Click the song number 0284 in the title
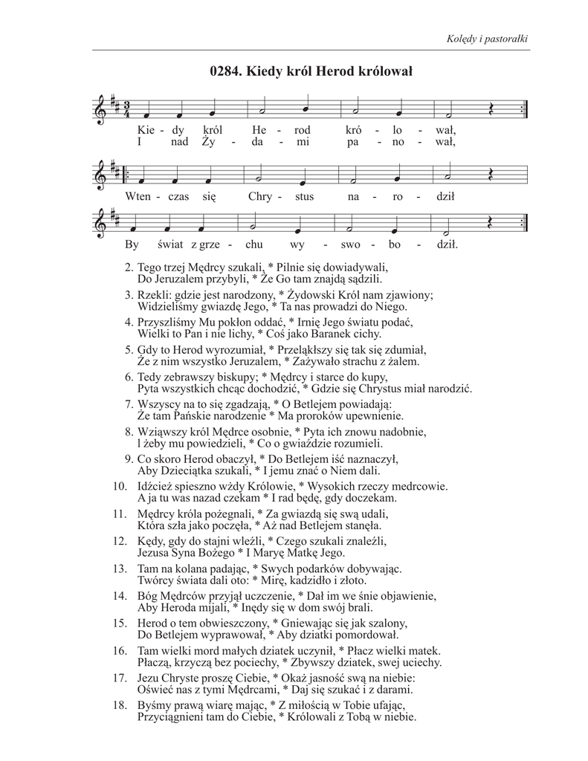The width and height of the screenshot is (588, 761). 224,72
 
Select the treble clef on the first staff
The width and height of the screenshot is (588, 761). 101,110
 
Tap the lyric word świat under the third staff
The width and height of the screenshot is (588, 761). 172,243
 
